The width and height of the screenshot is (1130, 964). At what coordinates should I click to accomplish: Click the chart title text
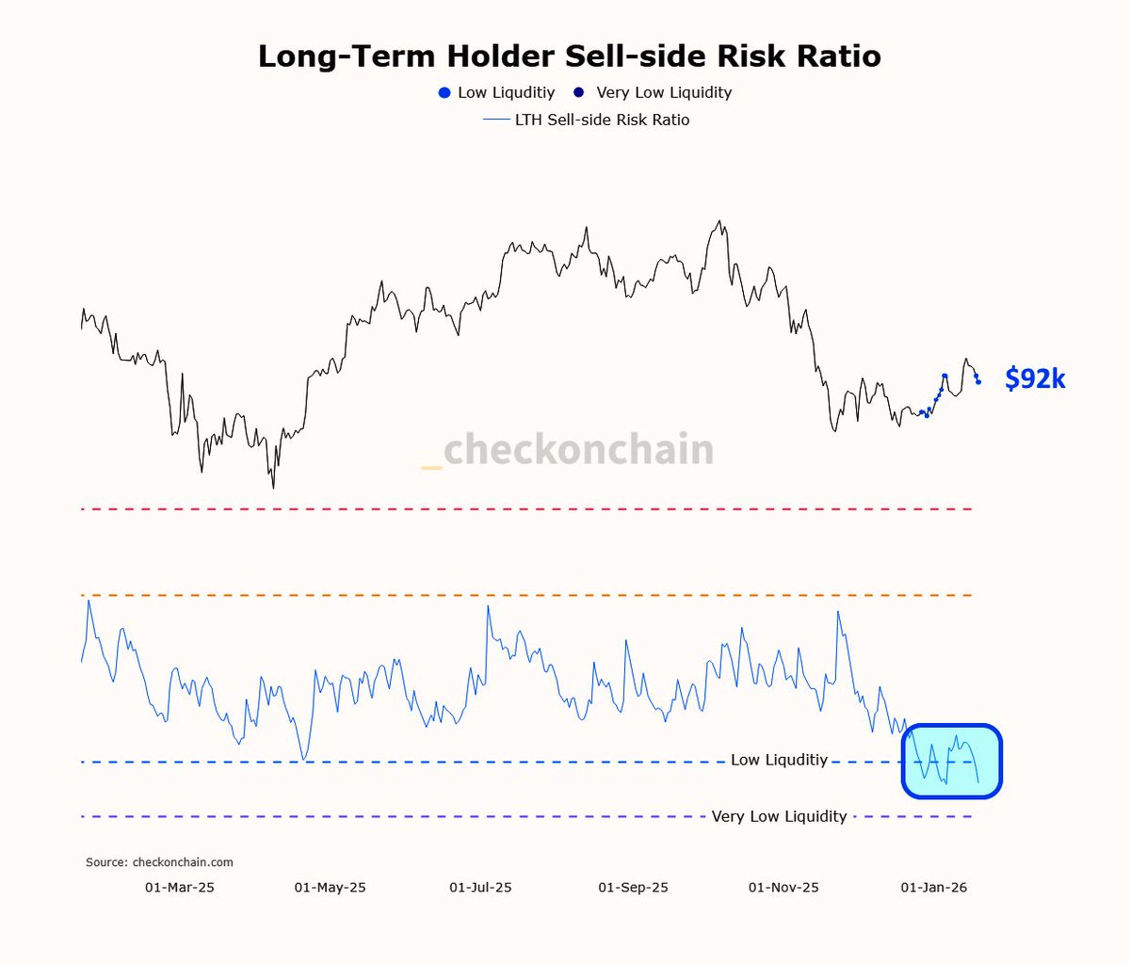pyautogui.click(x=569, y=56)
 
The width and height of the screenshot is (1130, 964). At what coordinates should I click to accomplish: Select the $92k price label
pyautogui.click(x=1035, y=378)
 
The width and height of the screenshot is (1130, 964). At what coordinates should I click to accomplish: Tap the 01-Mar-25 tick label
pyautogui.click(x=179, y=888)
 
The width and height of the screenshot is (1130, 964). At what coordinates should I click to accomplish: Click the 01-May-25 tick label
pyautogui.click(x=330, y=888)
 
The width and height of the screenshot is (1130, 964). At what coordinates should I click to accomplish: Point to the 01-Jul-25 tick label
pyautogui.click(x=480, y=888)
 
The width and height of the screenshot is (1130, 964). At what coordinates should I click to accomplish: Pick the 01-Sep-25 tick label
pyautogui.click(x=633, y=888)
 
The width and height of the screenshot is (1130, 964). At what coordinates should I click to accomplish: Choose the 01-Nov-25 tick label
pyautogui.click(x=783, y=888)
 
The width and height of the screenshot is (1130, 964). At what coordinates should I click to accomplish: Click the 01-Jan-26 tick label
pyautogui.click(x=933, y=888)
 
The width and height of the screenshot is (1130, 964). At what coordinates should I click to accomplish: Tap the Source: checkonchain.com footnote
pyautogui.click(x=159, y=862)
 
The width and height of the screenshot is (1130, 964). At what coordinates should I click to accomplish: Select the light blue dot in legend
pyautogui.click(x=444, y=92)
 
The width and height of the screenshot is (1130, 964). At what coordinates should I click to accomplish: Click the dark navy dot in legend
pyautogui.click(x=579, y=92)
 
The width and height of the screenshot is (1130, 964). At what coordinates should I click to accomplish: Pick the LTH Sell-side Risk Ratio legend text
pyautogui.click(x=602, y=120)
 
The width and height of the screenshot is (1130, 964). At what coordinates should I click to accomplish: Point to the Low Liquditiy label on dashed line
pyautogui.click(x=779, y=760)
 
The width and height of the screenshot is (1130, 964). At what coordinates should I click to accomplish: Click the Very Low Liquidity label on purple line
pyautogui.click(x=779, y=816)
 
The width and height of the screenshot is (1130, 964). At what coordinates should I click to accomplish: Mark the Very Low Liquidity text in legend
pyautogui.click(x=664, y=92)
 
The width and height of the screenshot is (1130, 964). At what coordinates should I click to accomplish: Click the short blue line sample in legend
pyautogui.click(x=496, y=120)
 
